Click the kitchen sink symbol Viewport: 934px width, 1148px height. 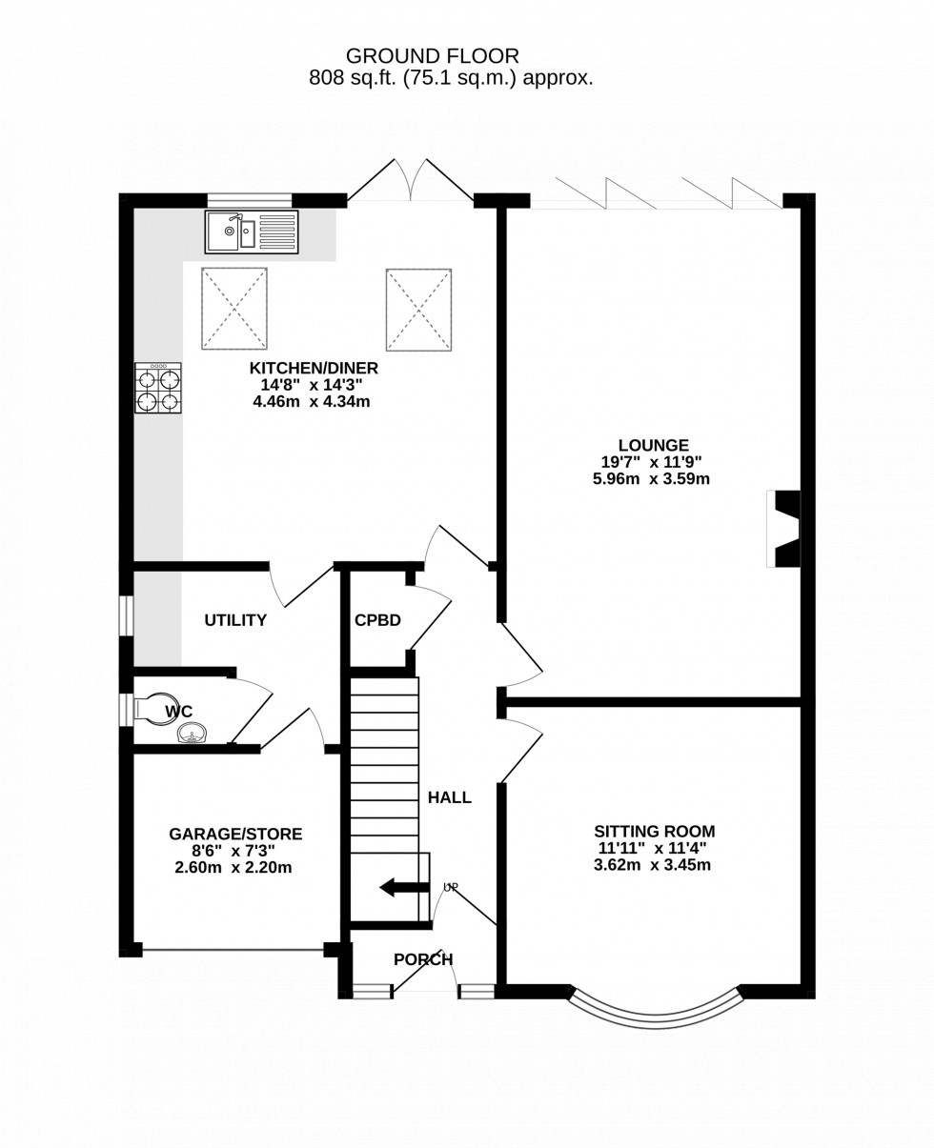(x=252, y=232)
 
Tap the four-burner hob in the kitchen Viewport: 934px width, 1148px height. (x=158, y=388)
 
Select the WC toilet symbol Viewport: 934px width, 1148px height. (x=155, y=709)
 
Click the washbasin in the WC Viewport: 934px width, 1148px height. (x=192, y=733)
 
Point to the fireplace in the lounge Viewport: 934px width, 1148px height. (x=784, y=529)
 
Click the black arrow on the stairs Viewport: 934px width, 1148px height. (x=404, y=887)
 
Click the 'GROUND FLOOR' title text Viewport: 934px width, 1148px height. (x=432, y=56)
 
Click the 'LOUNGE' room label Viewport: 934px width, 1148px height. (x=653, y=445)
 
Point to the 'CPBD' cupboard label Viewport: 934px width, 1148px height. (x=377, y=620)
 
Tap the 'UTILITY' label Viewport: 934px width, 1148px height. (x=235, y=620)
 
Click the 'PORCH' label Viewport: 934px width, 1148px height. (x=423, y=959)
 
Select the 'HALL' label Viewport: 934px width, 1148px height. (x=449, y=797)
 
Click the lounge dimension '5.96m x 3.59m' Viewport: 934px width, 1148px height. (x=651, y=479)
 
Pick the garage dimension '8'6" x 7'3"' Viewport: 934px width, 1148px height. (x=234, y=851)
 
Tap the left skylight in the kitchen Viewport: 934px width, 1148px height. (x=234, y=309)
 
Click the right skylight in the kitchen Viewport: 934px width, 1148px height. (x=418, y=310)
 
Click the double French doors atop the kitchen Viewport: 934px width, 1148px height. (x=411, y=183)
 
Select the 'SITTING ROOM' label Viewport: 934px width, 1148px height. (x=654, y=831)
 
